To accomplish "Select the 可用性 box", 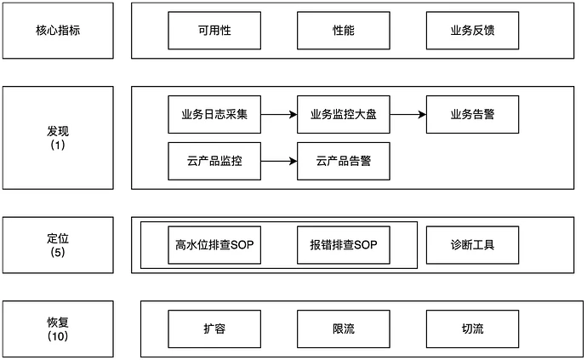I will pos(214,30).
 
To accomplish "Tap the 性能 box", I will pos(343,30).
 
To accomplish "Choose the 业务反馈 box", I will pos(471,30).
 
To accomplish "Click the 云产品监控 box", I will pos(214,161).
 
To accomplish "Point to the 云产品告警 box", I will pos(343,161).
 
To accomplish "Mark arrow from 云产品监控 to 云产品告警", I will pos(279,161).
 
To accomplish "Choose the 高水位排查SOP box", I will pos(214,245).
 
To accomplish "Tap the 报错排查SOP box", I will pos(343,245).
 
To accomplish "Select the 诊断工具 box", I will pos(471,245).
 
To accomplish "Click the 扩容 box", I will pos(214,329).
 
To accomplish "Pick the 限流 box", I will pos(343,329).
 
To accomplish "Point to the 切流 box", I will pos(471,329).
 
